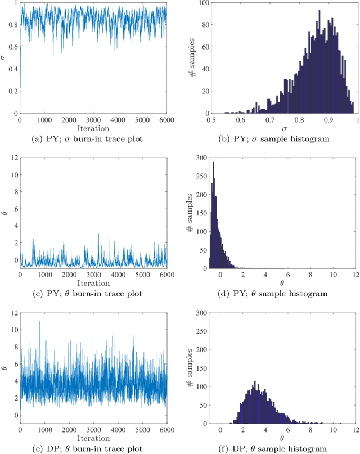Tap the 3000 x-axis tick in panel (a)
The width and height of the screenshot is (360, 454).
[x=93, y=119]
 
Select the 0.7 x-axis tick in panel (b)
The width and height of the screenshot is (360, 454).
[x=242, y=119]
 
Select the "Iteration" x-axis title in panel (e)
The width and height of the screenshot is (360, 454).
[x=93, y=437]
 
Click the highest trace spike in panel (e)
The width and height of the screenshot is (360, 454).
[x=39, y=321]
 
